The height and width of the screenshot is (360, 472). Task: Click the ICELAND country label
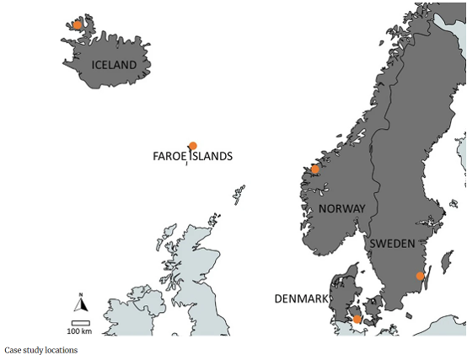[x=114, y=64]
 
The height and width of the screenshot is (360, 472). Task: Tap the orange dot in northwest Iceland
[x=78, y=25]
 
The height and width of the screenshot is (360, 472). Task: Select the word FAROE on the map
[x=170, y=156]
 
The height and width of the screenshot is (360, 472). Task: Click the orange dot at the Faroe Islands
[x=193, y=146]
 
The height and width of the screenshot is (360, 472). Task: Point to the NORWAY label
[x=341, y=208]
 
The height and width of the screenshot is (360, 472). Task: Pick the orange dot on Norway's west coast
[x=315, y=169]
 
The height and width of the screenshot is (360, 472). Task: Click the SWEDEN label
[x=392, y=244]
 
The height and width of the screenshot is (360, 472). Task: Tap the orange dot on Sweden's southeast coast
[x=420, y=276]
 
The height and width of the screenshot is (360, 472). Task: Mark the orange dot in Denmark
[x=357, y=319]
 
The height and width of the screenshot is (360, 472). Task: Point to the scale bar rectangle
[x=80, y=322]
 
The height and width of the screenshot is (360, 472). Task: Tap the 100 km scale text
[x=80, y=330]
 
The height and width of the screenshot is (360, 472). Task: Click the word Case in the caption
[x=13, y=350]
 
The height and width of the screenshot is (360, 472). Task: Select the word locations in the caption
[x=62, y=350]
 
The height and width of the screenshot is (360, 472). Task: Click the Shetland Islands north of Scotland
[x=239, y=196]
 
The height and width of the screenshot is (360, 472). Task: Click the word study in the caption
[x=35, y=350]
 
